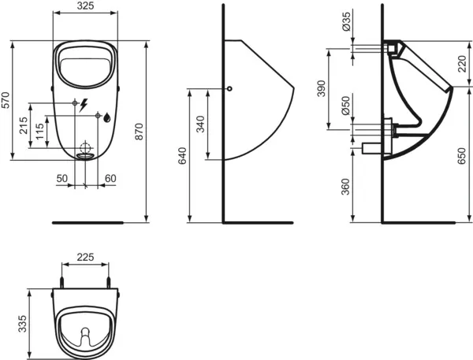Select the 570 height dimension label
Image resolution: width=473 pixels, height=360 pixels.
[x=6, y=102]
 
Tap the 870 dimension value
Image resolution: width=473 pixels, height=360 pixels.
[x=140, y=135]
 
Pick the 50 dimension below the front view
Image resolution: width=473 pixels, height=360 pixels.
[x=61, y=179]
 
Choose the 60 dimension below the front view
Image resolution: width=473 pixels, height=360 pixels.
[x=110, y=179]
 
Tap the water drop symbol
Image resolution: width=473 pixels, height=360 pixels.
[x=106, y=118]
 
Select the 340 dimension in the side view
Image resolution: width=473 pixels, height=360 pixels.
[x=200, y=124]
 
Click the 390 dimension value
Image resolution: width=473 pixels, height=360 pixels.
[x=321, y=87]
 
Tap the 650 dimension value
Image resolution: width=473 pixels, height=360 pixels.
[x=462, y=157]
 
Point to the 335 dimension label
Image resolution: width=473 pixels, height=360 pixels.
[x=23, y=323]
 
